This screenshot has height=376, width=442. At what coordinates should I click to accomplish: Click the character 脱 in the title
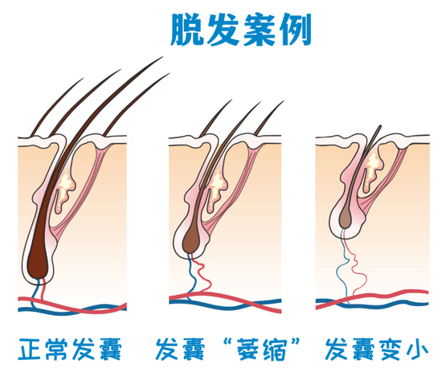[187, 30]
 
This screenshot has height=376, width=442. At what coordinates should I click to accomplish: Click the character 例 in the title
[295, 30]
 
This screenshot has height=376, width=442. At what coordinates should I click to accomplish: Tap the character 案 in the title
[260, 30]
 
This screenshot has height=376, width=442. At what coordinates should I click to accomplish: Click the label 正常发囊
[70, 349]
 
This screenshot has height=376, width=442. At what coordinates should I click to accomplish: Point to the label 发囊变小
[377, 349]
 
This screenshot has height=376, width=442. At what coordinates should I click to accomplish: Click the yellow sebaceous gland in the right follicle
[372, 169]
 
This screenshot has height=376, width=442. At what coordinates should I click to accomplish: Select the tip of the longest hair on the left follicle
[163, 57]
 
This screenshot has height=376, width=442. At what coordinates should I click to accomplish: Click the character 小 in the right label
[417, 349]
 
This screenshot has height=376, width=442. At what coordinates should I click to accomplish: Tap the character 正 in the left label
[29, 349]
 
